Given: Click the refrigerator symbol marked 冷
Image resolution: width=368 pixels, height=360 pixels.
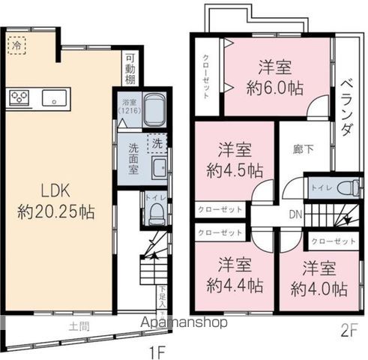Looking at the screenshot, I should click(16, 46).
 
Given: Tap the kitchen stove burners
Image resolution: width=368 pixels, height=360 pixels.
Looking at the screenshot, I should click(18, 97).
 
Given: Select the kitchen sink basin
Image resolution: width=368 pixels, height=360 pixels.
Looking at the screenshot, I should click(54, 97).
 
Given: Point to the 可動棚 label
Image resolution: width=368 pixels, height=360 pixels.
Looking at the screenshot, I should click(130, 67).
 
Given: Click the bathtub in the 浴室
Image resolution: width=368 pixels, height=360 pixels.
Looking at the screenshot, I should click(152, 110).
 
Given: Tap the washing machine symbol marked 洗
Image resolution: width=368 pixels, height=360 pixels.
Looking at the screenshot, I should click(157, 142).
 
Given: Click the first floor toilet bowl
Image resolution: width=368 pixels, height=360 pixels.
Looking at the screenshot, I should click(155, 214).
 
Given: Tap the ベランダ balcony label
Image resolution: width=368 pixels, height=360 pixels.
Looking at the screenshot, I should click(346, 108).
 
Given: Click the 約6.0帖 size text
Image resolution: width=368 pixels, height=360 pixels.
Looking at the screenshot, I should click(274, 88).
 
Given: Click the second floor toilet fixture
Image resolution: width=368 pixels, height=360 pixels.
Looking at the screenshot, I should click(344, 187).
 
